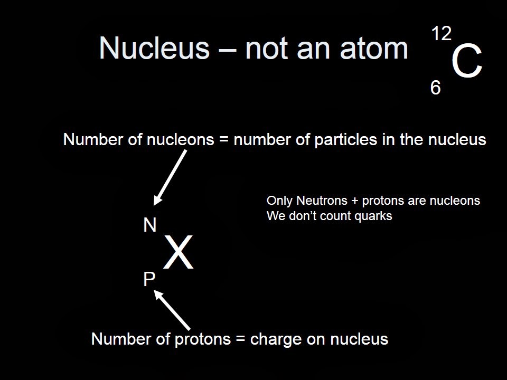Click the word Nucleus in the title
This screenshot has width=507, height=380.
coord(154,49)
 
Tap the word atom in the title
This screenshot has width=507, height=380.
coord(377,49)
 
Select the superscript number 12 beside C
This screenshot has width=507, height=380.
coord(441,34)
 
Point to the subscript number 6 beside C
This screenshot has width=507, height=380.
coord(435,88)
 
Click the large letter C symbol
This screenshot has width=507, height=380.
coord(467,63)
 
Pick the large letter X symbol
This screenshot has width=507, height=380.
coord(178,254)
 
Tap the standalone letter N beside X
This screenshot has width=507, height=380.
coord(150,225)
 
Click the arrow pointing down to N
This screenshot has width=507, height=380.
coord(170,177)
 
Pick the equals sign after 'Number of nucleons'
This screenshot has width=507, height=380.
coord(224,140)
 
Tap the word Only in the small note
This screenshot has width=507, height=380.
coord(279,201)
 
